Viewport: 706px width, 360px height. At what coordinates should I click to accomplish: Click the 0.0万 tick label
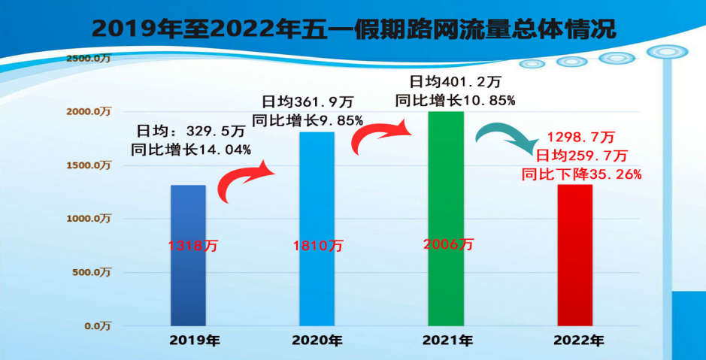click(96, 326)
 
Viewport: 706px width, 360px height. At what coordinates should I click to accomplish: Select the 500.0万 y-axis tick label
click(91, 272)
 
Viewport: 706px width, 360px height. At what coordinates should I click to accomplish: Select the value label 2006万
click(449, 244)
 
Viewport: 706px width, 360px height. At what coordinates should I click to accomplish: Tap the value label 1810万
click(318, 246)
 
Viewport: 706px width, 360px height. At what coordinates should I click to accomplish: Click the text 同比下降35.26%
click(581, 174)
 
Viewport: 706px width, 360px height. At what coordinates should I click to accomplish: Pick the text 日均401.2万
click(450, 81)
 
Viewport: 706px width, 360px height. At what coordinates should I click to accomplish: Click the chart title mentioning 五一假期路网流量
click(353, 29)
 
